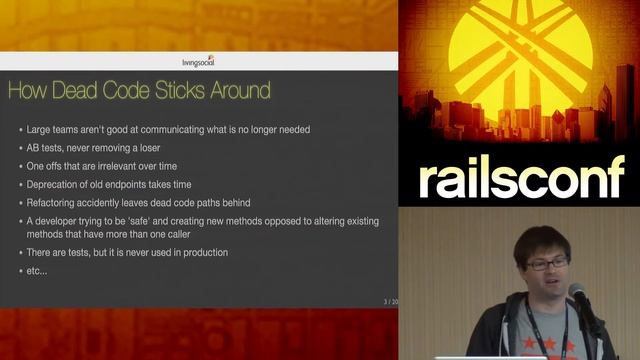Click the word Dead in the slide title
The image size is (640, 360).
[99, 92]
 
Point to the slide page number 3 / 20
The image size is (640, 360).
[389, 301]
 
